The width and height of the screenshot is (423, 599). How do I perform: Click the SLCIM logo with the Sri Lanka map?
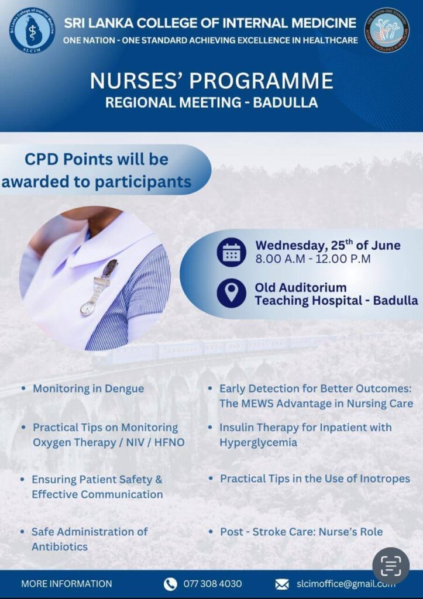(32, 30)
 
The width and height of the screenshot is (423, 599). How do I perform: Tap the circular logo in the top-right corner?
(387, 30)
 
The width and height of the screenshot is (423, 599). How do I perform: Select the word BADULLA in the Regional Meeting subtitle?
(285, 102)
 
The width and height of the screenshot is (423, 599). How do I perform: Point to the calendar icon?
(231, 252)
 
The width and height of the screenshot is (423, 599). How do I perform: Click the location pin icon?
(231, 293)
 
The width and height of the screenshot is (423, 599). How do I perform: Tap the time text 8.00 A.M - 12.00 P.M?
(313, 259)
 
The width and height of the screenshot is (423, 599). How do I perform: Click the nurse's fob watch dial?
(87, 308)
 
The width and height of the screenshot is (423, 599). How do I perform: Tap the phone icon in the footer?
(170, 584)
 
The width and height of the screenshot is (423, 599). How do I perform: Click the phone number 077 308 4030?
(212, 584)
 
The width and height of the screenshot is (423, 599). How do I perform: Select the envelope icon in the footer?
(282, 584)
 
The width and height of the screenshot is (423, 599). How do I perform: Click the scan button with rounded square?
(391, 566)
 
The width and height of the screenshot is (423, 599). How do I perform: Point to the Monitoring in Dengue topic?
(88, 388)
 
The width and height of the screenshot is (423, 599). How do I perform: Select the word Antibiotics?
(60, 547)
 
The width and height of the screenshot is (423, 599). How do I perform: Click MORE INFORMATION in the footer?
(67, 584)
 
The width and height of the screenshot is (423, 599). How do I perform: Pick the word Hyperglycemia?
(259, 443)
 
